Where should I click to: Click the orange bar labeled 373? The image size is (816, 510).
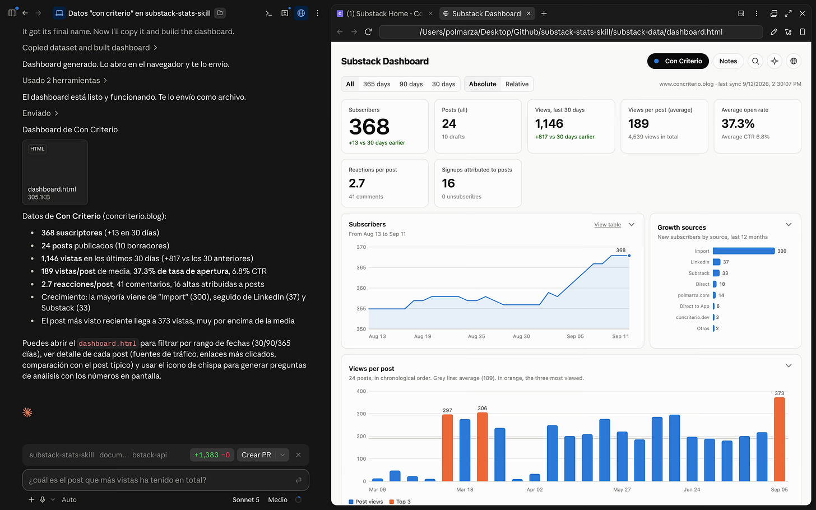point(779,439)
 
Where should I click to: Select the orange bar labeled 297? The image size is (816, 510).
point(447,448)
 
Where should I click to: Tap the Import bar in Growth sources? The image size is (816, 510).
point(744,251)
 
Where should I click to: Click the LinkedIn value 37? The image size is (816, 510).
point(726,262)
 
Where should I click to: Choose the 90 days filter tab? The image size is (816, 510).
point(411,84)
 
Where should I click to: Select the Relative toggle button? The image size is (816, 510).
point(517,84)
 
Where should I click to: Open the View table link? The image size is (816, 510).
point(608,225)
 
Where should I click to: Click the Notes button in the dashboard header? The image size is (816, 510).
point(728,61)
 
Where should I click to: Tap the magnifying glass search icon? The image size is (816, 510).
point(755,61)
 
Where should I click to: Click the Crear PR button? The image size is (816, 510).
point(256,455)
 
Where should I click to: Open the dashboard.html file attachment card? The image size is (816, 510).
point(55,172)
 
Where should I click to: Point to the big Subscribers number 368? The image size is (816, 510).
point(369,127)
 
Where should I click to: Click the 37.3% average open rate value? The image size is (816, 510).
point(738,124)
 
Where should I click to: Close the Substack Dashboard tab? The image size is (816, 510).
point(528,13)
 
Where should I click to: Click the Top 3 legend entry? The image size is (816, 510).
point(400,502)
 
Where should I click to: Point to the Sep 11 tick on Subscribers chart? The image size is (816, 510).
point(620,336)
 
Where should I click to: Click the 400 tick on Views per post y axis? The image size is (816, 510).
point(361,391)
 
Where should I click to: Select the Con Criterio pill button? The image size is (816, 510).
point(678,61)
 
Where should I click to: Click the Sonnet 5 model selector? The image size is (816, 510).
point(246,500)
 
